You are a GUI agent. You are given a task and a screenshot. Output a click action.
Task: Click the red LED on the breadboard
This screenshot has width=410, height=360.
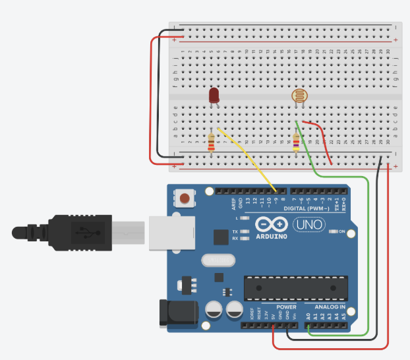(x=214, y=96)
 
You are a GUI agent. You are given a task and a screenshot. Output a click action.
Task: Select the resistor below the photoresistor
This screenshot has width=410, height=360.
(x=295, y=142)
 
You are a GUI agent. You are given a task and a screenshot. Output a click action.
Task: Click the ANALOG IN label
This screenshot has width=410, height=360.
(x=330, y=307)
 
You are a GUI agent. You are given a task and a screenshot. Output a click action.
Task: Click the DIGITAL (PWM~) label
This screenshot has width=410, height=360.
(x=308, y=208)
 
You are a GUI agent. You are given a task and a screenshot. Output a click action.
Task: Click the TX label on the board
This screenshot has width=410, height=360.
(x=235, y=231)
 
